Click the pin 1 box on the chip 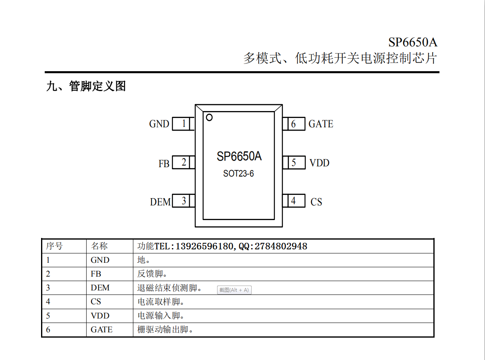click(183, 124)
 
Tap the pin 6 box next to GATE click(294, 124)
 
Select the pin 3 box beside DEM click(183, 201)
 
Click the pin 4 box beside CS click(294, 201)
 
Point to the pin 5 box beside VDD click(294, 163)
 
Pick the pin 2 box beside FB click(183, 162)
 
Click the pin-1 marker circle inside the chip click(209, 118)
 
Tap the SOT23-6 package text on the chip click(239, 174)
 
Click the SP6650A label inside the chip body click(239, 156)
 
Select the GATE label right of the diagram click(321, 124)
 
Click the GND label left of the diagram click(159, 124)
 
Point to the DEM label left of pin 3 click(160, 202)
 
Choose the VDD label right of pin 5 click(320, 163)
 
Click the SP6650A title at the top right click(413, 42)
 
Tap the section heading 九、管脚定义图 click(86, 86)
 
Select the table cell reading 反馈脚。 click(152, 274)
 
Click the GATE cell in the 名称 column click(102, 329)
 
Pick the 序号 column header click(54, 246)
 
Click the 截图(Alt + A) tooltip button click(234, 290)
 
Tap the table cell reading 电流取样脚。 click(161, 301)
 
